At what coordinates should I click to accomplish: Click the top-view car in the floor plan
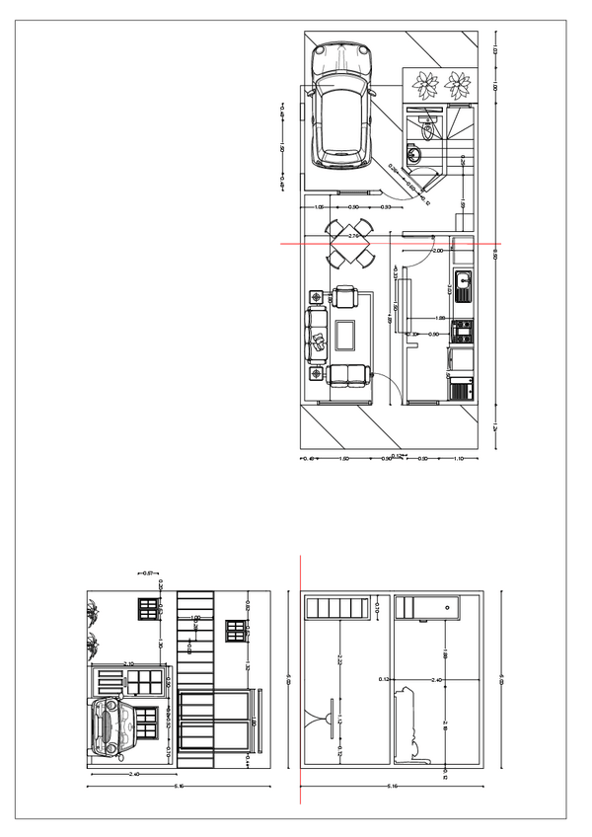tap(341, 107)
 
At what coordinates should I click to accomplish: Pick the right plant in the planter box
tap(461, 84)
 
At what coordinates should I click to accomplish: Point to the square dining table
tap(349, 245)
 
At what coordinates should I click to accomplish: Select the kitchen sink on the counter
tap(463, 286)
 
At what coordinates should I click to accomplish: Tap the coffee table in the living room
tap(346, 335)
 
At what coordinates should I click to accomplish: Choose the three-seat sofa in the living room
tap(318, 336)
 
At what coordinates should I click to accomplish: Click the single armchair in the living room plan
tap(346, 296)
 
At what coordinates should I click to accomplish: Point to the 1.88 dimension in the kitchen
tap(443, 318)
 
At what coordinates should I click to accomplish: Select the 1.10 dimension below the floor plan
tap(460, 460)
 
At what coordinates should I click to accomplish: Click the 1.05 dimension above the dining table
tap(320, 207)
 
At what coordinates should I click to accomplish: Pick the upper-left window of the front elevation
tap(149, 608)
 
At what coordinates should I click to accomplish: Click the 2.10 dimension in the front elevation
tap(128, 664)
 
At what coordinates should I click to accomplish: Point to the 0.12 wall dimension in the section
tap(384, 678)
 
